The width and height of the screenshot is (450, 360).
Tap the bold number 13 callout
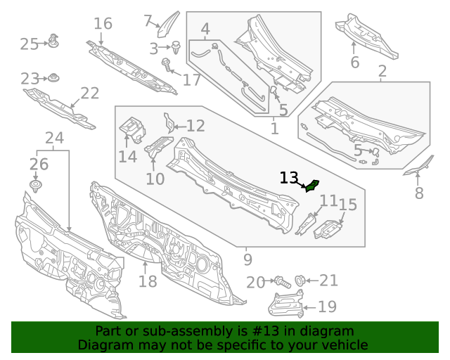(x=289, y=178)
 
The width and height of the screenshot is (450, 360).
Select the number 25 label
(x=29, y=44)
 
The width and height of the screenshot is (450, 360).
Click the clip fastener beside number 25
(x=53, y=41)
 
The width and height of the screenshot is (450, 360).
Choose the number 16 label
(x=103, y=24)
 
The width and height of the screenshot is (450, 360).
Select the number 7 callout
(x=148, y=20)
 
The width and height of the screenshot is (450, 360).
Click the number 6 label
(x=354, y=63)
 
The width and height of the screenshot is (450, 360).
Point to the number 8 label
(x=419, y=193)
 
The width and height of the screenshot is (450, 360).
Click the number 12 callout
(x=195, y=127)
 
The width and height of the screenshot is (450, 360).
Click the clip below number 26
(x=36, y=186)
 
